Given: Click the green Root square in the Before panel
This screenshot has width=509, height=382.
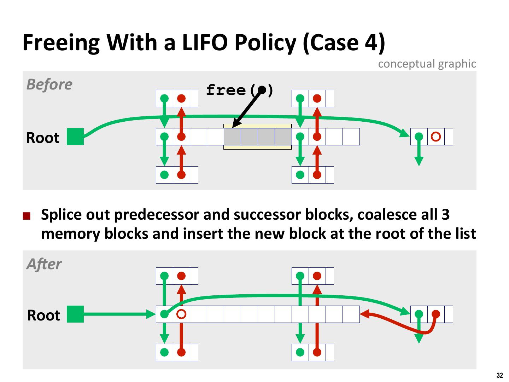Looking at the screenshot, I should coord(75,137).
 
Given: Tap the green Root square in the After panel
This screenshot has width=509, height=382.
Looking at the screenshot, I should coord(75,314).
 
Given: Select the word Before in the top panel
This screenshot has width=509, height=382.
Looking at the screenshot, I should coord(49,85).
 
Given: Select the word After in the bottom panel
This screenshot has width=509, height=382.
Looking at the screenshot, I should coord(44,264).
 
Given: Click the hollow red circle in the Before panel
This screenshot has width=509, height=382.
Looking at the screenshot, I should coord(436,137).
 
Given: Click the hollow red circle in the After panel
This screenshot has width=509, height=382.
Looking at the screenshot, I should coord(181,314).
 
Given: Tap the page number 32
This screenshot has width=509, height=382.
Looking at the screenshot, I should coord(499,375).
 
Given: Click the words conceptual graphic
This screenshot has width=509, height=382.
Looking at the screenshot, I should coord(427,64).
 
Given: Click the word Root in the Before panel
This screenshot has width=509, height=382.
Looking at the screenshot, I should coord(43,138).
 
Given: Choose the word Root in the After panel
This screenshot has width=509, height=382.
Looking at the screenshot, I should coord(43,315).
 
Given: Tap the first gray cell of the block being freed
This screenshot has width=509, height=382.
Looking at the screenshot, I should coord(232,137).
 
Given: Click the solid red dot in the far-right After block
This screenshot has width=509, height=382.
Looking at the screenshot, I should coord(436,314).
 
